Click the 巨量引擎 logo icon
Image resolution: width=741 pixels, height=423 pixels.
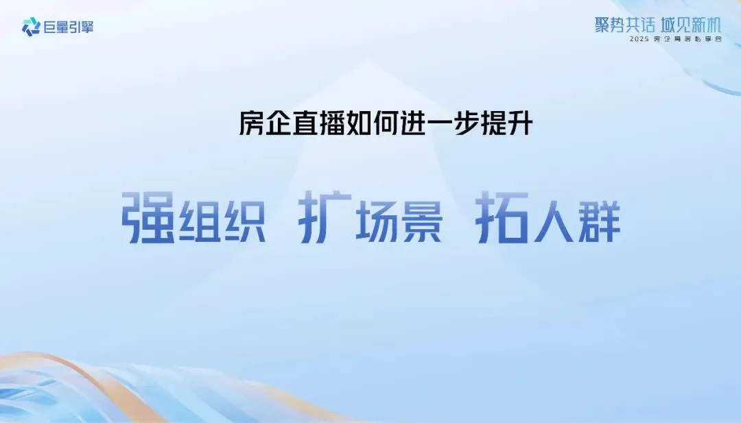click(31, 27)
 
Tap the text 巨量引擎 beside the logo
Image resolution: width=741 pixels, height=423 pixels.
click(68, 27)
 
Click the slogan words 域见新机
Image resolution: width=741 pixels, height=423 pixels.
click(692, 25)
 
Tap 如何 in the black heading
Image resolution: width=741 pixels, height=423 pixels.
click(386, 124)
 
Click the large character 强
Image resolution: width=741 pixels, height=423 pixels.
click(147, 217)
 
